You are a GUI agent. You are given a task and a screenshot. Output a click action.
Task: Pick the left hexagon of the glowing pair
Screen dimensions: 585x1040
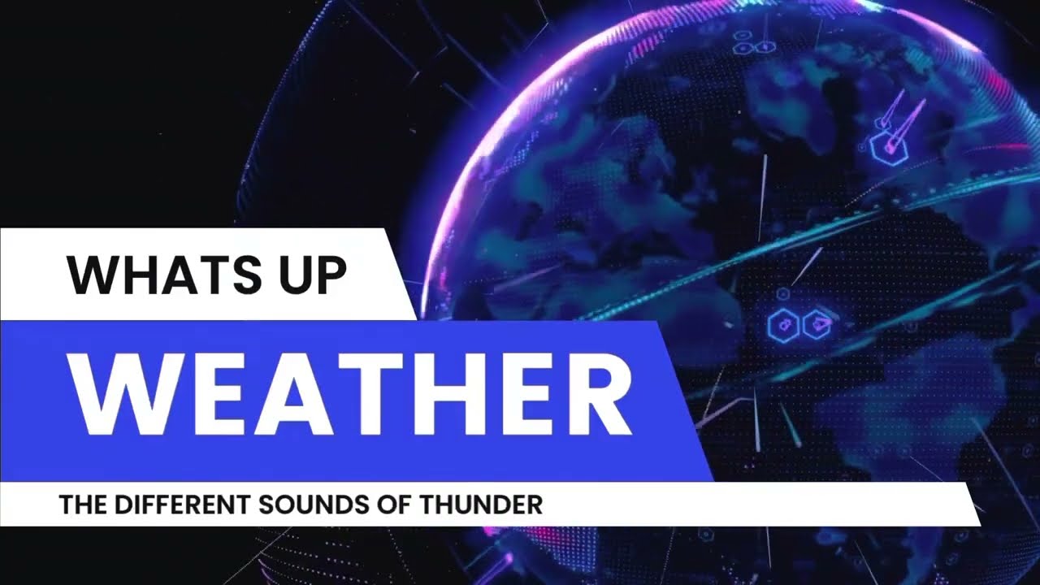click(783, 326)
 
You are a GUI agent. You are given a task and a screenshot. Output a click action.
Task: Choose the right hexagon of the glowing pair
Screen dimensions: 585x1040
click(817, 326)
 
